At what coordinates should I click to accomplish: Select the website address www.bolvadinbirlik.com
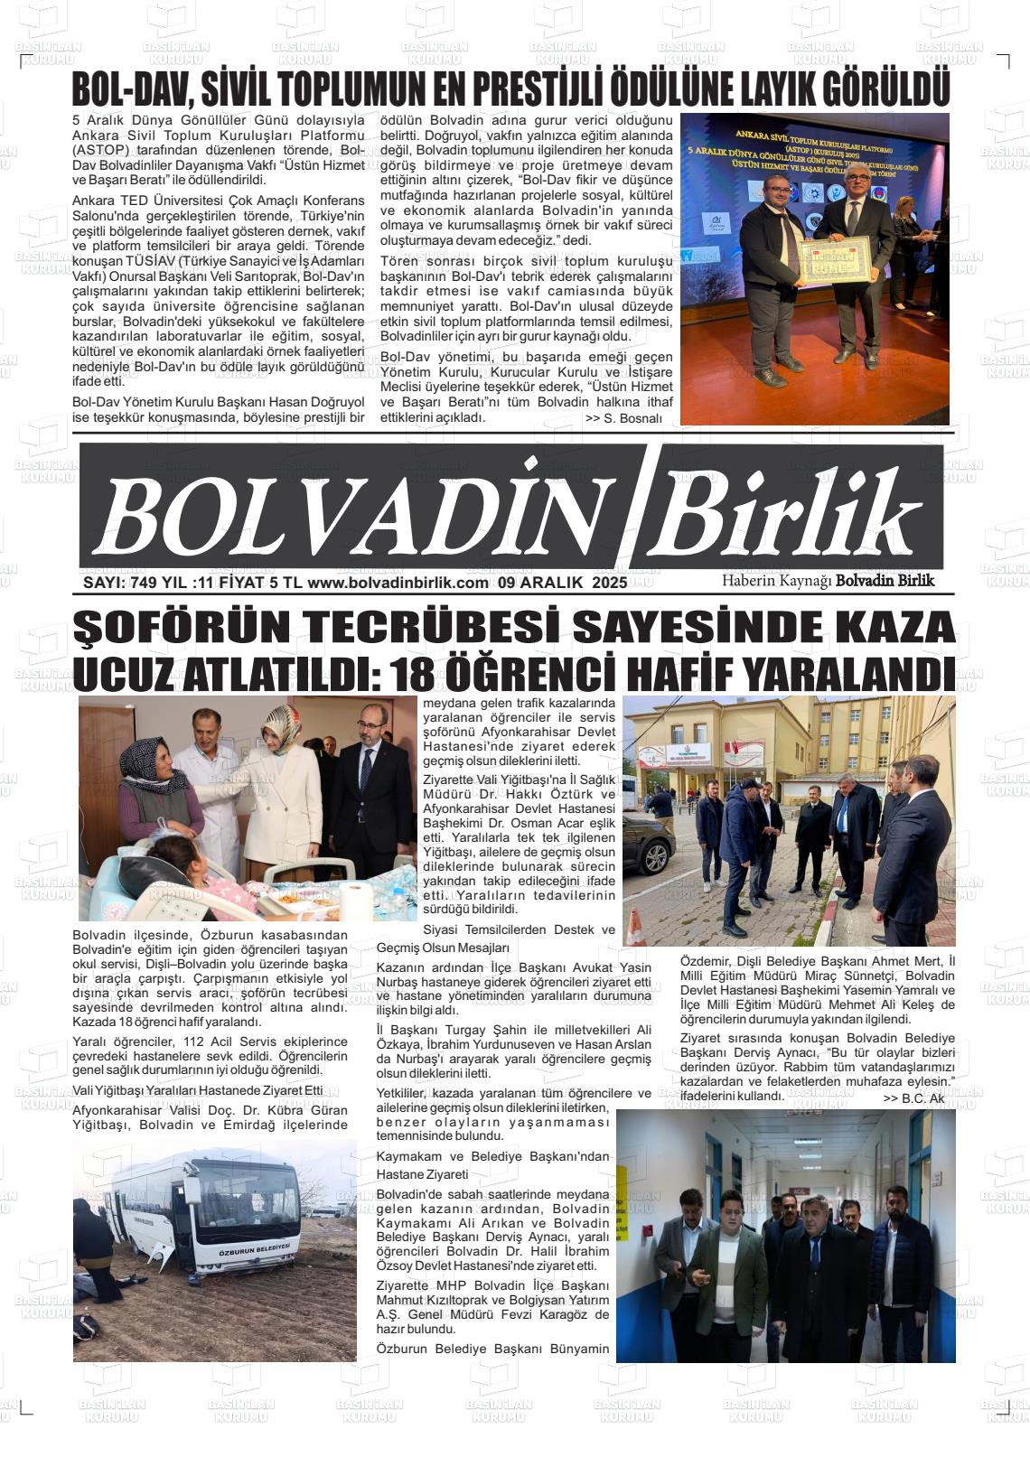pyautogui.click(x=398, y=583)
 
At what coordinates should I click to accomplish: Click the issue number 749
pyautogui.click(x=143, y=583)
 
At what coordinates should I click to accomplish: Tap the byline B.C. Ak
pyautogui.click(x=913, y=1098)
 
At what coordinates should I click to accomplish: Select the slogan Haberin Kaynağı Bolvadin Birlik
pyautogui.click(x=828, y=581)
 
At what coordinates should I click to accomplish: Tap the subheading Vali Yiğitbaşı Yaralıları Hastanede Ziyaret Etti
pyautogui.click(x=197, y=1089)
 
